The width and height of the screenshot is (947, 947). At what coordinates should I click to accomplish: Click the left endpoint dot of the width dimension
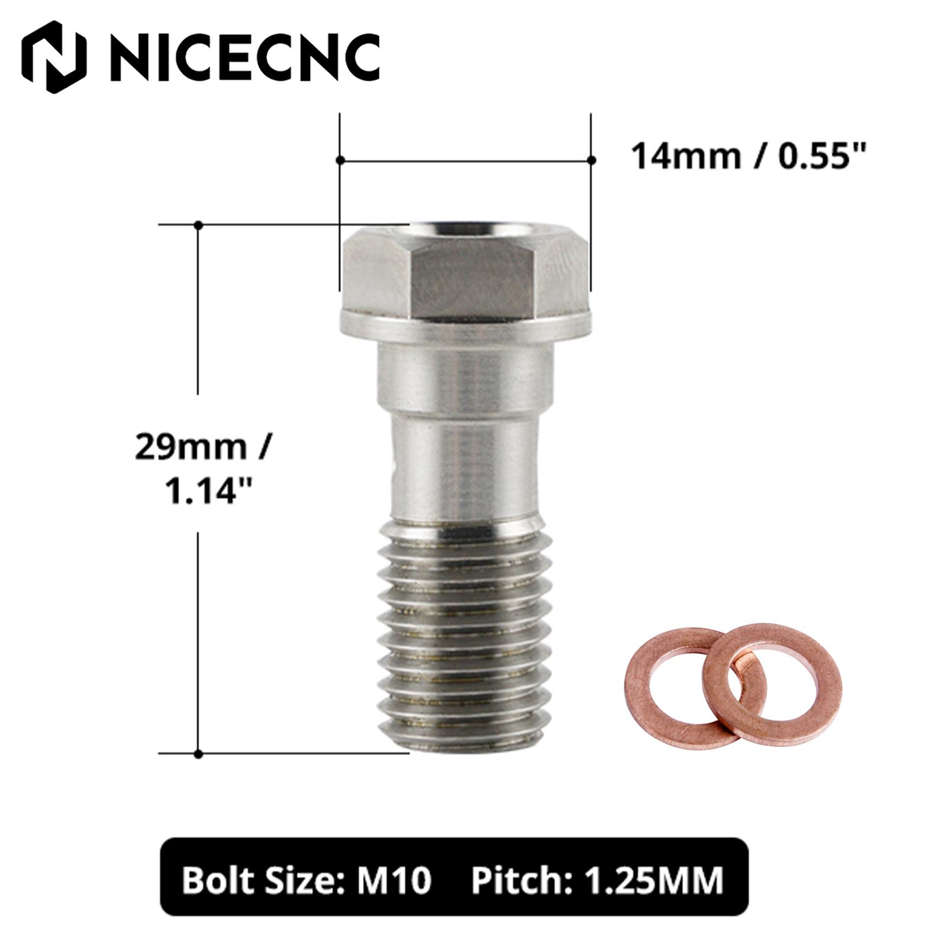(x=340, y=160)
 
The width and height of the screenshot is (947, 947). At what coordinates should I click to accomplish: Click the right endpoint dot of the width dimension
(x=591, y=160)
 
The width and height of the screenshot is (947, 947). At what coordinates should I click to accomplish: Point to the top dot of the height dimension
(x=199, y=225)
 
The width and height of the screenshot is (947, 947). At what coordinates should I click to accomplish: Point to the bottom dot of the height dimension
(x=199, y=754)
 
